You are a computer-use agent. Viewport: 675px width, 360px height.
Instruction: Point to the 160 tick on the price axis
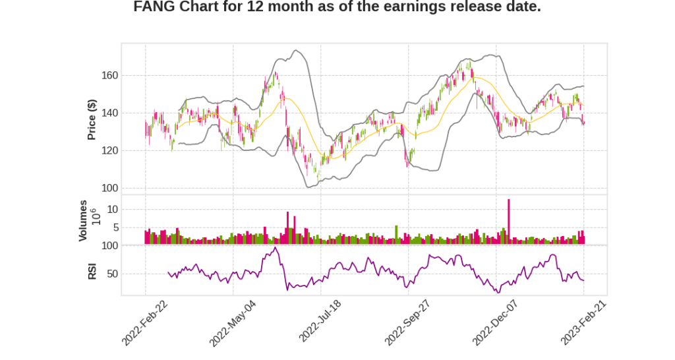coord(109,76)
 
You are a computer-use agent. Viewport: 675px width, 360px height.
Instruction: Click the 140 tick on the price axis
coord(109,113)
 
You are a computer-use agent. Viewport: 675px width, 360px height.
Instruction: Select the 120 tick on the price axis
coord(109,151)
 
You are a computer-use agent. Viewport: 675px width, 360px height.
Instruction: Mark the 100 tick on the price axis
coord(109,189)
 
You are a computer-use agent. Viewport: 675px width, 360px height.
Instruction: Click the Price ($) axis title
coord(92,119)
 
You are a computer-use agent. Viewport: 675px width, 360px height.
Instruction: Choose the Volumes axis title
coord(83,220)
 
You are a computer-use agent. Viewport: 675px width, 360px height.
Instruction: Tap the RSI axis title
coord(92,270)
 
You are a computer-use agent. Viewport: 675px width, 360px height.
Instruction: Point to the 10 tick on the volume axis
coord(113,210)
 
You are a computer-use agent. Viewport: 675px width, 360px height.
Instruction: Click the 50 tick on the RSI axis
coord(113,274)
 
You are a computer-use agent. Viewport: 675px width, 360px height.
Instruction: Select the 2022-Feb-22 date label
coord(145,322)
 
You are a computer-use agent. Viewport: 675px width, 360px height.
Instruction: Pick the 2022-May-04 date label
coord(233,322)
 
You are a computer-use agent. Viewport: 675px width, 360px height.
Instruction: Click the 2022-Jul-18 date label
coord(320,322)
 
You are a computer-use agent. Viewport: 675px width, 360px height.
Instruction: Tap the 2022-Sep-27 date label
coord(407,322)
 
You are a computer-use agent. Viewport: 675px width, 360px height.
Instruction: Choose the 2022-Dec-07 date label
coord(496,322)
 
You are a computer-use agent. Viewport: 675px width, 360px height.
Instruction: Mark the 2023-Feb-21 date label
coord(583,322)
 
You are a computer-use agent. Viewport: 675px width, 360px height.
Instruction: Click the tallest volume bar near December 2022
coord(508,222)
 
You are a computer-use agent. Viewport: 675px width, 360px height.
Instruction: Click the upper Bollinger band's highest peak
coord(296,50)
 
